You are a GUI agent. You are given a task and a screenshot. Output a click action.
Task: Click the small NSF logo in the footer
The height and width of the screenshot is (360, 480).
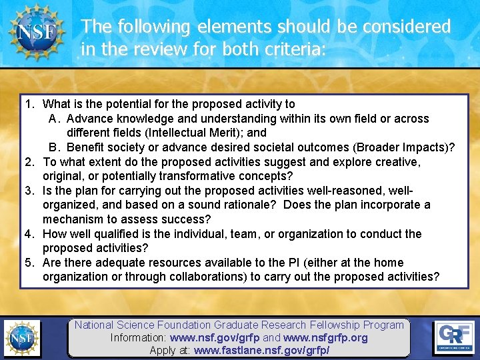click(22, 338)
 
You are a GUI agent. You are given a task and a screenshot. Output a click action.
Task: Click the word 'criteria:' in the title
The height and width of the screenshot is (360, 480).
click(296, 49)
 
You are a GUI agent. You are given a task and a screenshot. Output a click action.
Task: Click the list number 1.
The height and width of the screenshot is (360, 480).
click(29, 104)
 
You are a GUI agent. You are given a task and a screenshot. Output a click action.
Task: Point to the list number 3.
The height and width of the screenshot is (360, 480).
click(29, 191)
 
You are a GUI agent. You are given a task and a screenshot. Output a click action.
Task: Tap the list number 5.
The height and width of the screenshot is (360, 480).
click(29, 263)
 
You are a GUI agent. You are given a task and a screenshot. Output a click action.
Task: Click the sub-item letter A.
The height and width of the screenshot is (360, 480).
click(54, 119)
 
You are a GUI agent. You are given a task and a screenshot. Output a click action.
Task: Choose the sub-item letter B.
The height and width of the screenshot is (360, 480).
click(54, 147)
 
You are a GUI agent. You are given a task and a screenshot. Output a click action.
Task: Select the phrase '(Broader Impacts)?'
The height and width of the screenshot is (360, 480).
click(404, 147)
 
